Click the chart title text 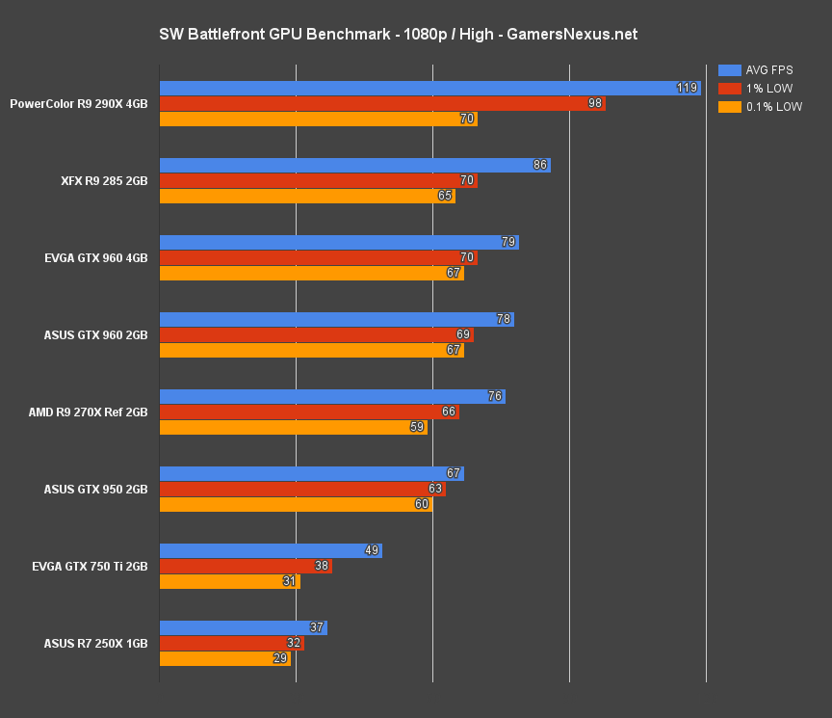pos(398,35)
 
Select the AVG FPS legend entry pos(760,70)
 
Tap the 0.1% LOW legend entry pos(760,107)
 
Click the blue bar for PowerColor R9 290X pos(429,89)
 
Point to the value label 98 pos(594,104)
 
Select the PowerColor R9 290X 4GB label pos(79,104)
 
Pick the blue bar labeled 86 pos(353,166)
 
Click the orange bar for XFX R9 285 pos(306,197)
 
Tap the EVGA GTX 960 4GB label pos(95,258)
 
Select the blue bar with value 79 pos(338,243)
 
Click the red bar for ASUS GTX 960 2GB pos(316,335)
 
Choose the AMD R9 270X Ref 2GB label pos(88,412)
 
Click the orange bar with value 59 pos(293,428)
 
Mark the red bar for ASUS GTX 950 pos(301,490)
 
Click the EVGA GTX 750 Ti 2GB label pos(90,567)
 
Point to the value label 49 pos(372,551)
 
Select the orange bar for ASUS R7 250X pos(224,659)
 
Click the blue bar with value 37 pos(243,628)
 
